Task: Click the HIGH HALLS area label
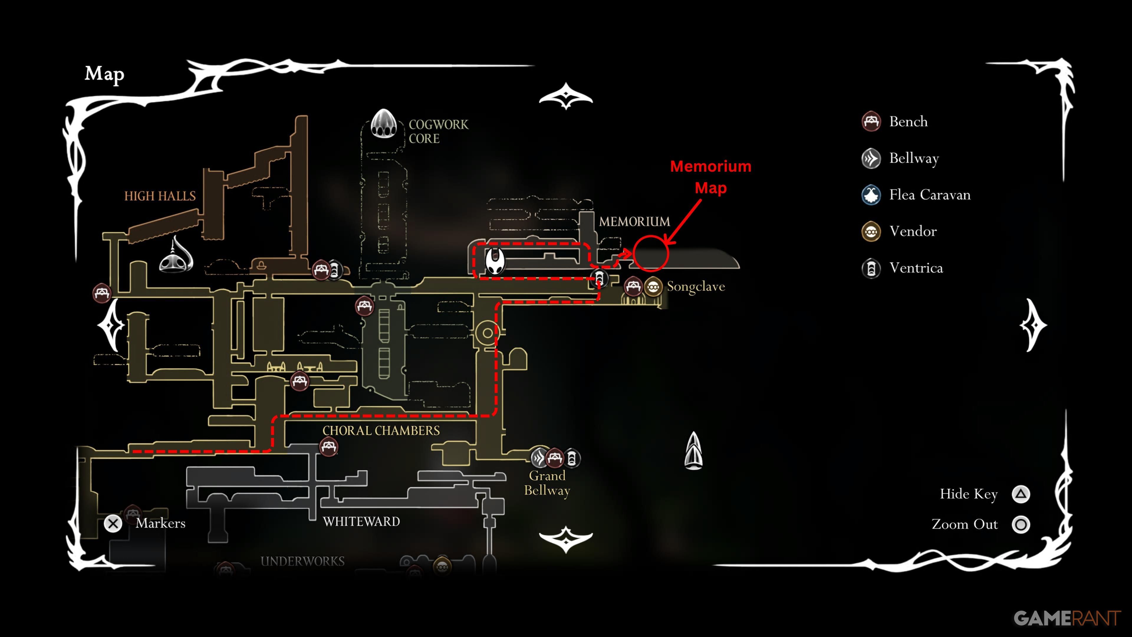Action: (160, 196)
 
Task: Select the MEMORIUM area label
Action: (634, 221)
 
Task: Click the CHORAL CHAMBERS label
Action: (381, 430)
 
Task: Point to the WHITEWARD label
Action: (361, 522)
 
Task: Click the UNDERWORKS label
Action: (302, 562)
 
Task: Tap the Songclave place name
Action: (696, 287)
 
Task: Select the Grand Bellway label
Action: (547, 483)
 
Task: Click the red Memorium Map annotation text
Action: (710, 177)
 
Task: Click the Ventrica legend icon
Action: (871, 268)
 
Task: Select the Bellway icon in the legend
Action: (871, 158)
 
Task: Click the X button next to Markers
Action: (113, 523)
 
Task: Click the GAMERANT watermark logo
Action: (1067, 618)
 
